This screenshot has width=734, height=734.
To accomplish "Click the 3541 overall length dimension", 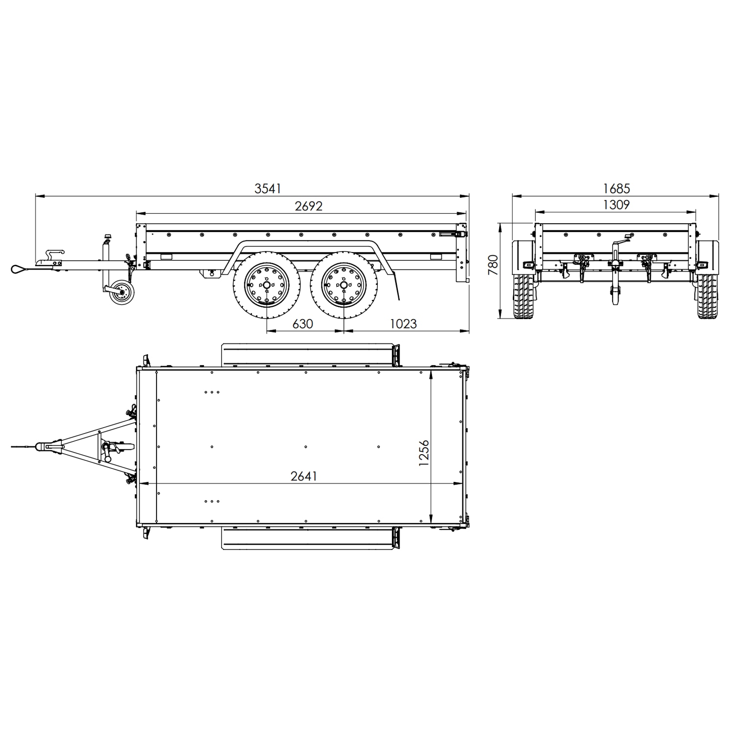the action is [x=268, y=189].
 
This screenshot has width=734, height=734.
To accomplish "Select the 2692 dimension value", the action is [x=309, y=206].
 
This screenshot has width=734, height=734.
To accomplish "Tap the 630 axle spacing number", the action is [x=302, y=323].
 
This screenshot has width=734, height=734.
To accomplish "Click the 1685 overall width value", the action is [x=617, y=188].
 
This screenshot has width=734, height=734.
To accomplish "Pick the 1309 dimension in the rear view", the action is [x=616, y=205].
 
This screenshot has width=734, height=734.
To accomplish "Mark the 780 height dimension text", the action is [x=493, y=265].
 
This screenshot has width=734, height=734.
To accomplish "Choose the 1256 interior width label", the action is [x=424, y=453].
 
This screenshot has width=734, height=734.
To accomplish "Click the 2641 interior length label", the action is [x=304, y=476].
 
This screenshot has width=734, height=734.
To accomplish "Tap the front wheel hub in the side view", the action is [x=267, y=284].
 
